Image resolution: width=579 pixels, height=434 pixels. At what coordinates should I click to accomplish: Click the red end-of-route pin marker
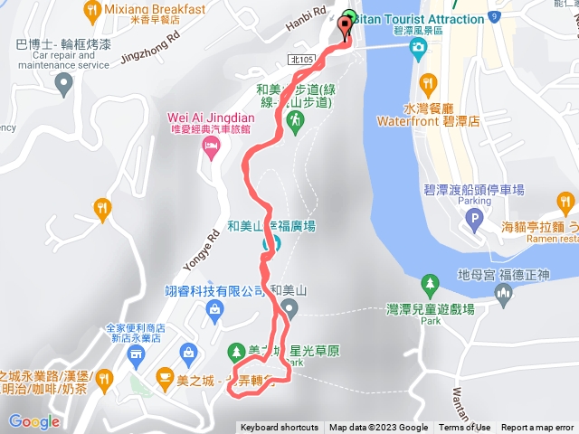[345, 27]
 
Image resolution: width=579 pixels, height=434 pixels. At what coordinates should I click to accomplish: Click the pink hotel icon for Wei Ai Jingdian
[212, 147]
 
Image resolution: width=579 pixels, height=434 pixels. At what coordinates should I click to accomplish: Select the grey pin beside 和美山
[289, 311]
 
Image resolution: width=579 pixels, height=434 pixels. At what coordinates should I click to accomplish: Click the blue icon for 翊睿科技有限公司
[215, 314]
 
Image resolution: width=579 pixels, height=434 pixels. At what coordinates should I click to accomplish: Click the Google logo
[33, 421]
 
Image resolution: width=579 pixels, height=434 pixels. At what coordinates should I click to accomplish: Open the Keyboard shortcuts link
[279, 428]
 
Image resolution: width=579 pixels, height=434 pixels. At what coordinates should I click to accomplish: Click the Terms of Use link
[465, 428]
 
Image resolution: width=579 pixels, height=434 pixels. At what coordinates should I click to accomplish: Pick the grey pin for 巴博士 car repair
[63, 86]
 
